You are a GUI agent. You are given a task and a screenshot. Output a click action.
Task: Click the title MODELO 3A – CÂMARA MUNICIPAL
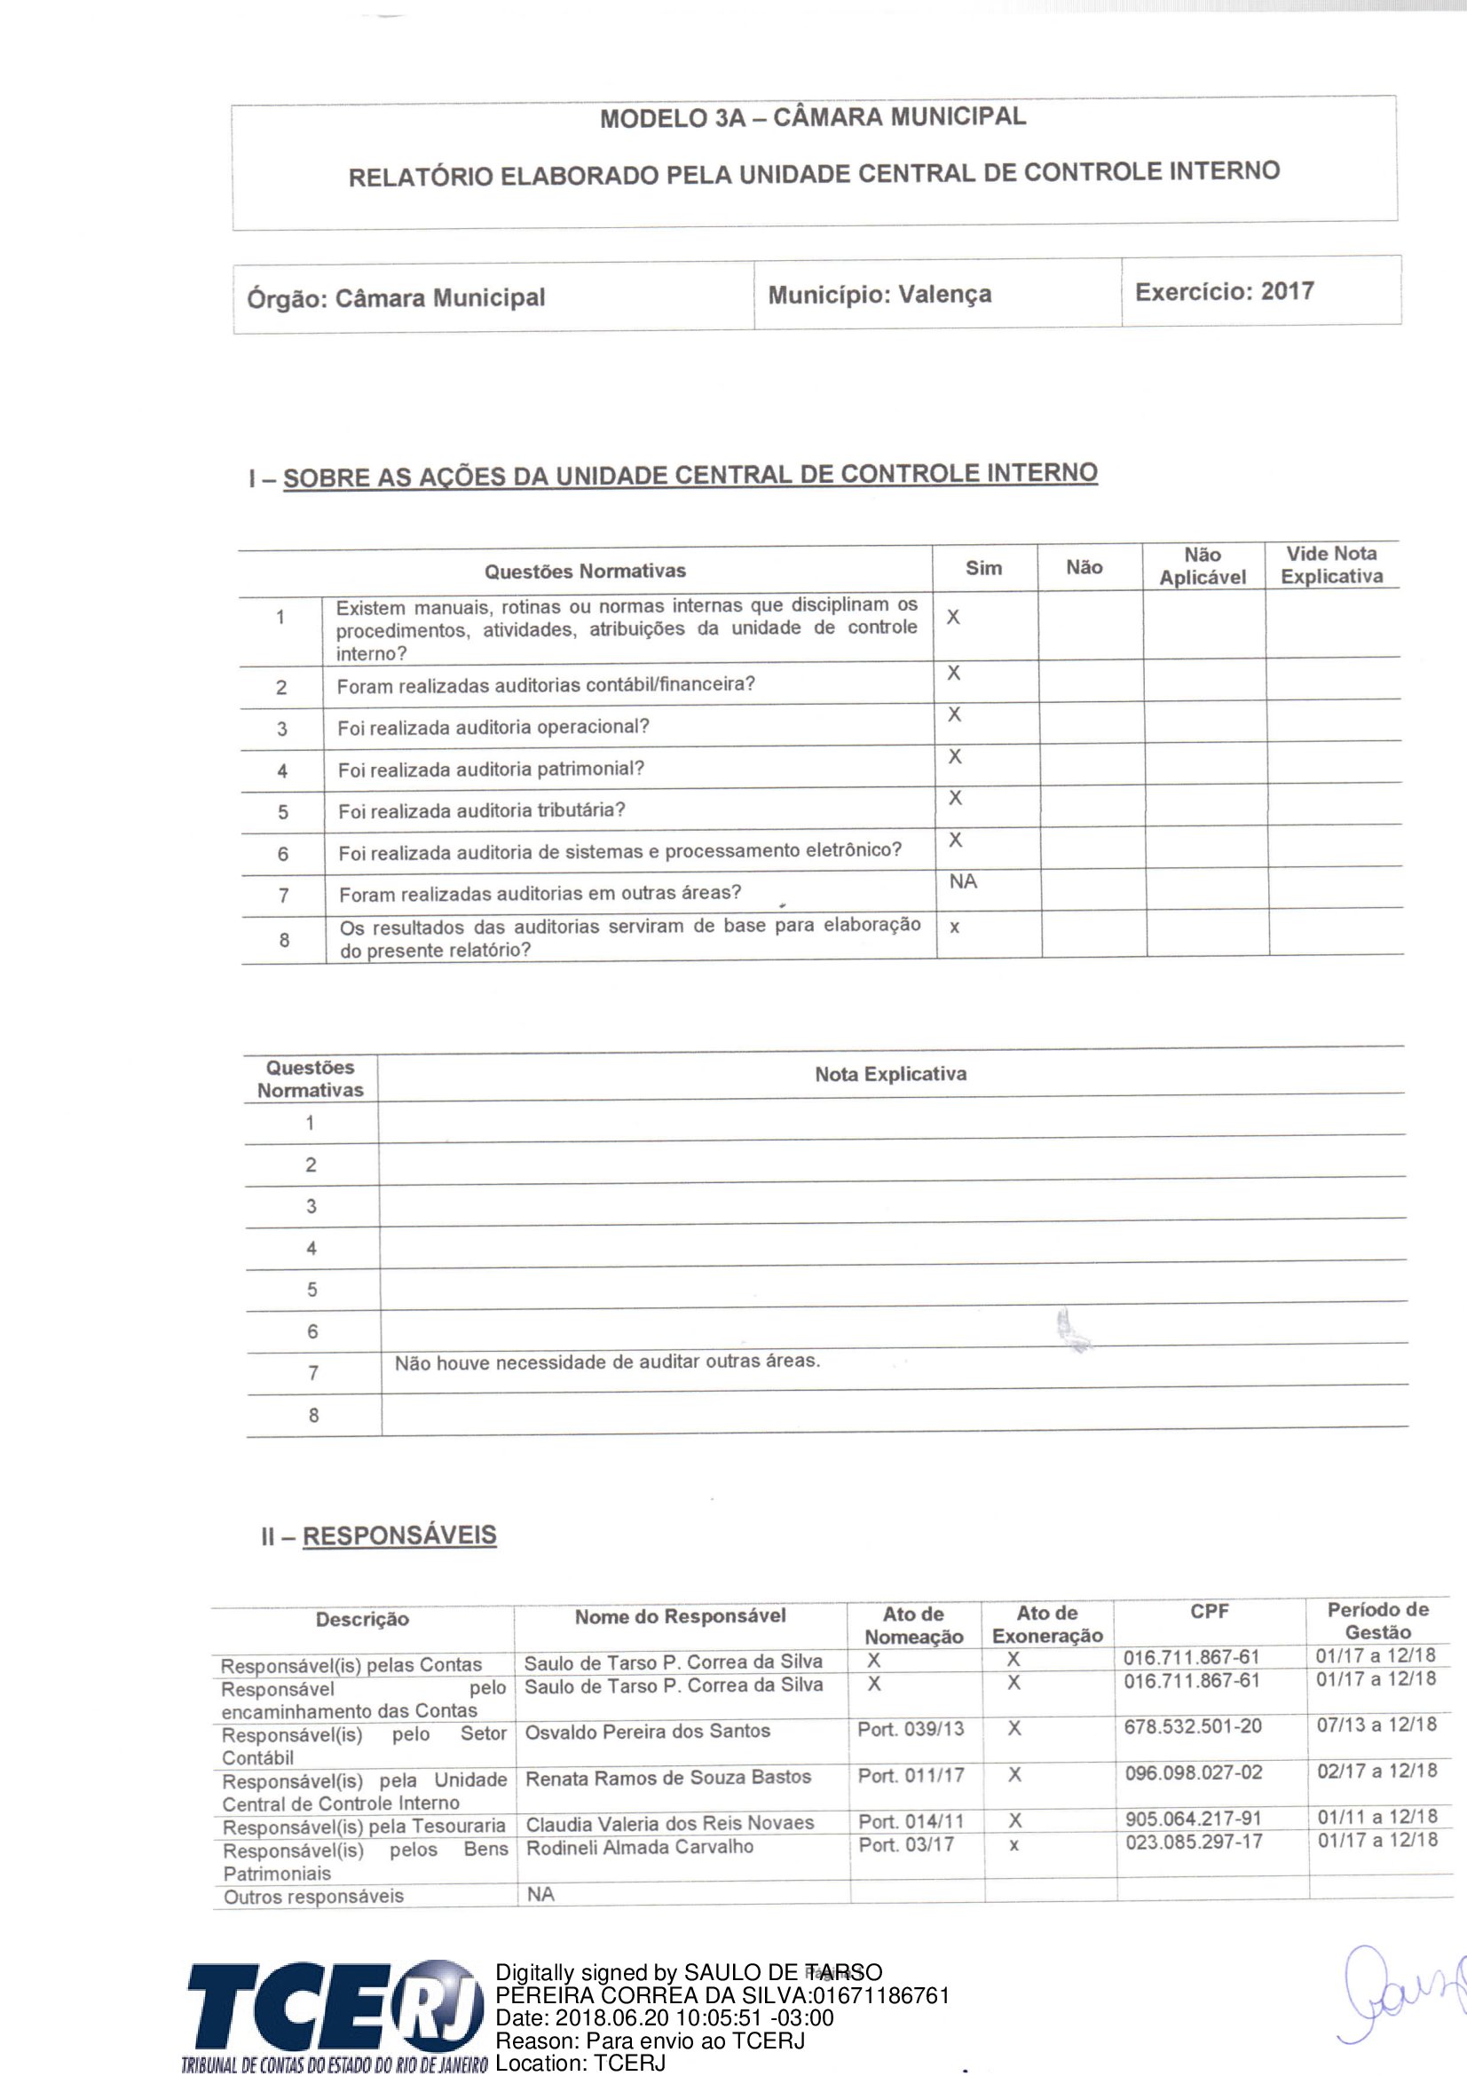click(x=813, y=117)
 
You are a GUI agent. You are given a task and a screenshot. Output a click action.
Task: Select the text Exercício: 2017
click(x=1224, y=291)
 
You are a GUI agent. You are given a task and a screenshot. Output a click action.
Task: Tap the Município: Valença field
click(x=879, y=295)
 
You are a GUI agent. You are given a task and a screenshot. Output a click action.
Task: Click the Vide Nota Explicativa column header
click(x=1331, y=565)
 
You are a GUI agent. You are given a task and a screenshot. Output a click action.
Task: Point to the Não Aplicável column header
click(x=1203, y=566)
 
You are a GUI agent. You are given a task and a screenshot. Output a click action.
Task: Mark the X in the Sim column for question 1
click(x=952, y=618)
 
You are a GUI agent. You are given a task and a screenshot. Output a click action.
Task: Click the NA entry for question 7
click(x=963, y=881)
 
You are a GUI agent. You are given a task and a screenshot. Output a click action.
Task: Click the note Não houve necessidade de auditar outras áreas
click(x=606, y=1362)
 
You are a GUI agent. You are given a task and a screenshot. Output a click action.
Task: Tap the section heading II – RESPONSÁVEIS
click(x=379, y=1536)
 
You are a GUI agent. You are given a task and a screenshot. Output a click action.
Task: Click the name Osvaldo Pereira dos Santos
click(x=647, y=1731)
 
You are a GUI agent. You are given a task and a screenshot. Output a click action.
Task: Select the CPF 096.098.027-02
click(x=1193, y=1772)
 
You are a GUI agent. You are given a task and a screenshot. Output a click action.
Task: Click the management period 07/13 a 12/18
click(x=1376, y=1725)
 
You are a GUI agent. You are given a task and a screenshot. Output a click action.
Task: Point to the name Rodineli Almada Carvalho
click(x=639, y=1846)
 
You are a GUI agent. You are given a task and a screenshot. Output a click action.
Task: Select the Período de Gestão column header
click(x=1376, y=1622)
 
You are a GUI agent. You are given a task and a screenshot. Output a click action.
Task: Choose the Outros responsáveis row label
click(x=313, y=1896)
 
